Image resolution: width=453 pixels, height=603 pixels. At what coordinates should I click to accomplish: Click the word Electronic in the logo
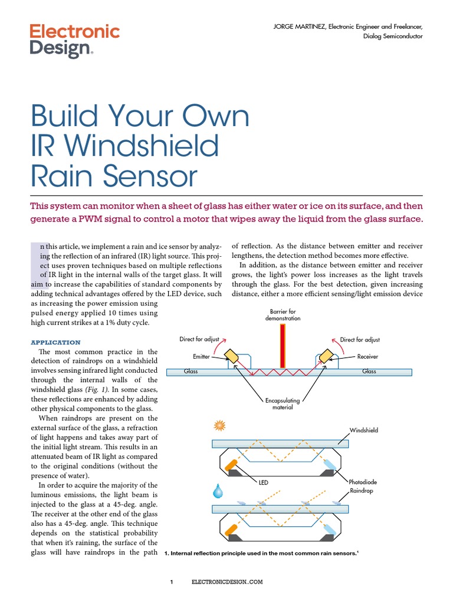74,31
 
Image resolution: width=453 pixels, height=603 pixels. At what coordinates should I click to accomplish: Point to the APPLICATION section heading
55,342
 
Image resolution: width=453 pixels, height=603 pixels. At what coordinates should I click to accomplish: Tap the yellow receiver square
324,358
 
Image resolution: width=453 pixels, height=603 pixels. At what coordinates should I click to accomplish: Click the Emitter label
201,357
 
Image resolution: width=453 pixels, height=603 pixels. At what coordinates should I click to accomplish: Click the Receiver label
367,357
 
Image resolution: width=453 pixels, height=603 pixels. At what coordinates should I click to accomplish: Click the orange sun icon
221,425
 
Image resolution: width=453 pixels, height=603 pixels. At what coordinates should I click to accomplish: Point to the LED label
263,483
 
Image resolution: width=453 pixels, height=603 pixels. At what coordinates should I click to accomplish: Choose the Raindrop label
362,491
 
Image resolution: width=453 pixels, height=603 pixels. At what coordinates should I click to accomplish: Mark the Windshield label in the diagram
364,430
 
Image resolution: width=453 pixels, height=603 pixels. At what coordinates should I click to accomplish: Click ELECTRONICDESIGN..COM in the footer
226,582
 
